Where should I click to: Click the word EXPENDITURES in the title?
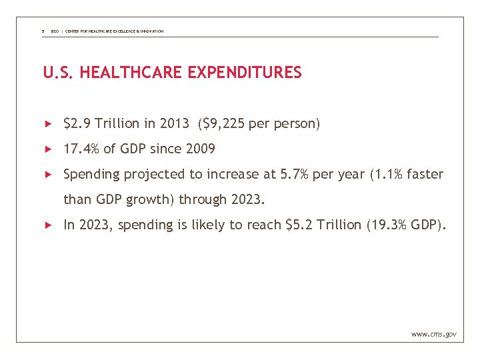245,73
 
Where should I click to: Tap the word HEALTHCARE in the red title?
132,73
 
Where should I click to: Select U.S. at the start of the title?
59,73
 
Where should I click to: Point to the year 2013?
174,123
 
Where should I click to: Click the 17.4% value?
81,149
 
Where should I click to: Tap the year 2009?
201,149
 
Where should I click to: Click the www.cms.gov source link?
434,333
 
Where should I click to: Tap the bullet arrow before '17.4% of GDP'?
48,149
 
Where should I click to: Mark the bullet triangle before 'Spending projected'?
48,174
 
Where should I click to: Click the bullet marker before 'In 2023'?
48,225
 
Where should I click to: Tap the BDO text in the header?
55,31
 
